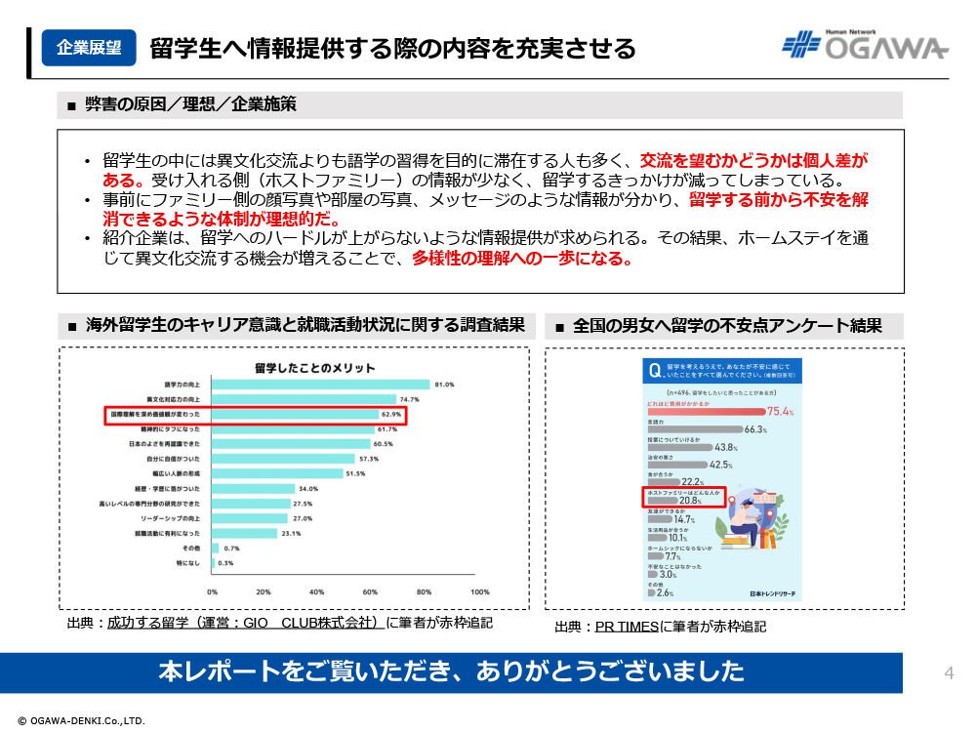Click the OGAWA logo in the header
(865, 46)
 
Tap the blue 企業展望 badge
(89, 47)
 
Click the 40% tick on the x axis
(317, 592)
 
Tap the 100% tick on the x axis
(479, 592)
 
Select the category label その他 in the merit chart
(188, 549)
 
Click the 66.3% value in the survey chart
(755, 429)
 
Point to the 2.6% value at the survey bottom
(666, 592)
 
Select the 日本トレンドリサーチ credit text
(774, 593)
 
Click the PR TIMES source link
(628, 627)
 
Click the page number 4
(949, 672)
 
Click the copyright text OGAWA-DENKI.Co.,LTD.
(82, 720)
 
